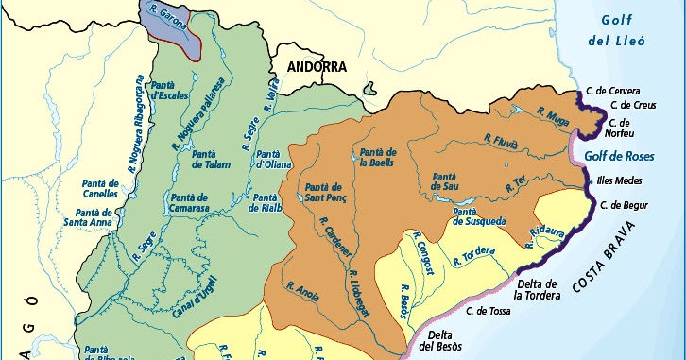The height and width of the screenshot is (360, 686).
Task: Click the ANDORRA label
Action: [313, 67]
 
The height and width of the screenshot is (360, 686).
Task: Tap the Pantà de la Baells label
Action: [377, 157]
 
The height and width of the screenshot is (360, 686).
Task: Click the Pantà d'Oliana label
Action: [274, 162]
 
